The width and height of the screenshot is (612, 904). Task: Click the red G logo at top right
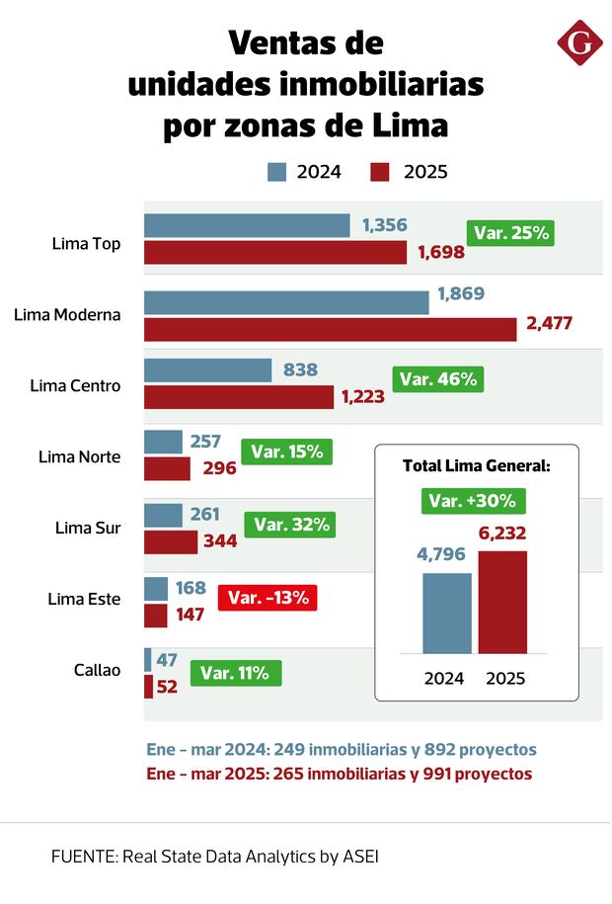(x=580, y=42)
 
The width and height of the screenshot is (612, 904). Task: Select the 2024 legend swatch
(x=277, y=172)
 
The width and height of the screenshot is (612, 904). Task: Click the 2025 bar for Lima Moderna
(x=330, y=329)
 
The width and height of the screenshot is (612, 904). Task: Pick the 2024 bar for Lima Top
(x=247, y=225)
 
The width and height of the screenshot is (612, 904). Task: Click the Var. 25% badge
(x=511, y=234)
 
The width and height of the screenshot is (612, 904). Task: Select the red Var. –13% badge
(x=268, y=597)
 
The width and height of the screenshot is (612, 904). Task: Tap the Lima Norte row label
(x=80, y=457)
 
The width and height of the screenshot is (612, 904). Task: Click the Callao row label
(x=97, y=670)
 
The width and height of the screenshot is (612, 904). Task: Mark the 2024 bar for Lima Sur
(x=163, y=515)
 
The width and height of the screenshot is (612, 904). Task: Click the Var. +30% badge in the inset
(x=473, y=500)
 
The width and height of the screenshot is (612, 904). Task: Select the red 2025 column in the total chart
(x=502, y=602)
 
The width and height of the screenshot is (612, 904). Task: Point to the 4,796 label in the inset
(x=447, y=554)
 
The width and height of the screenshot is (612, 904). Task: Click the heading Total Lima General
(x=476, y=465)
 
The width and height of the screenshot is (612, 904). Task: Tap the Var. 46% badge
(x=438, y=378)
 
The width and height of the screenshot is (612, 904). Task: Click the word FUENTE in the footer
(x=82, y=857)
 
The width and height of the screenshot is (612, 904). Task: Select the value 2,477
(x=549, y=322)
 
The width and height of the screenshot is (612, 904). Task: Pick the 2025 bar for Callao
(x=148, y=686)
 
